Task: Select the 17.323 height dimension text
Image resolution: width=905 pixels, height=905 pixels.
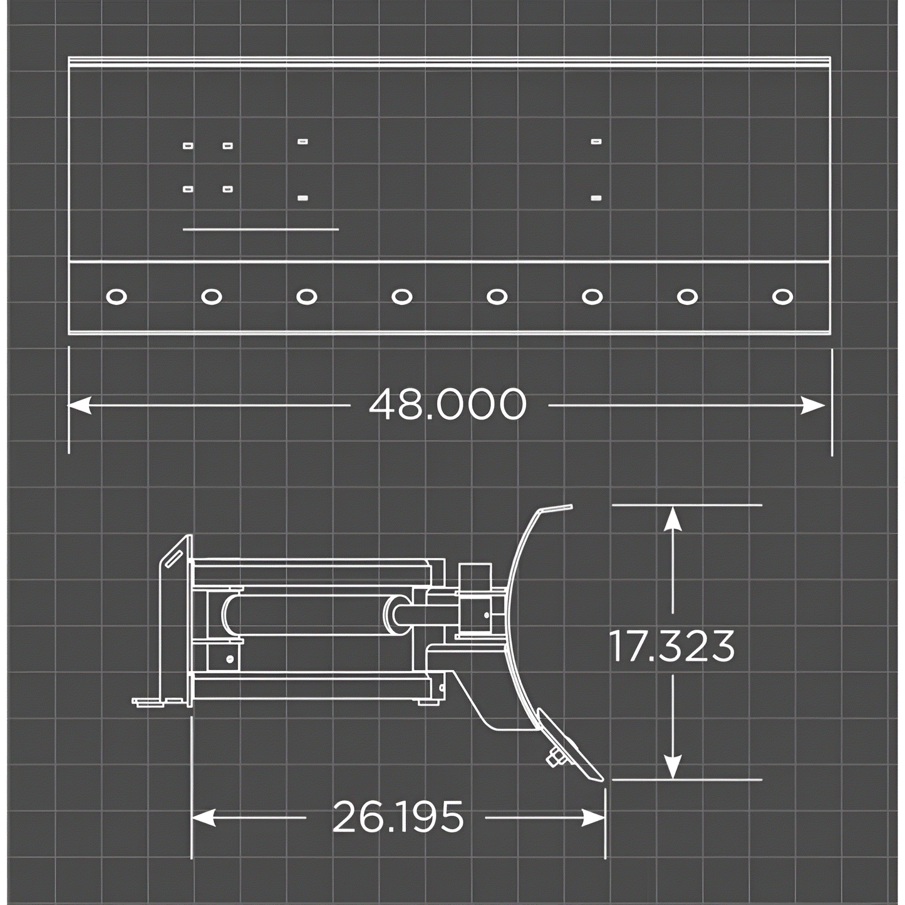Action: [x=672, y=646]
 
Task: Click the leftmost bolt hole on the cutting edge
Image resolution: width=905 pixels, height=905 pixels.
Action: [x=116, y=296]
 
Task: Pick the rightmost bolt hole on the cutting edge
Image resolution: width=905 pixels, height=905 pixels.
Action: [x=782, y=296]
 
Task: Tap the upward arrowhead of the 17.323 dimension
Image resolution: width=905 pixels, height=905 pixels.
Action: [x=673, y=517]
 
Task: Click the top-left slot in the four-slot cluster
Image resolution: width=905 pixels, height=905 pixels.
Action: [x=188, y=146]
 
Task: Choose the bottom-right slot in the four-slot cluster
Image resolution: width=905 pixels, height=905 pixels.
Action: [x=227, y=189]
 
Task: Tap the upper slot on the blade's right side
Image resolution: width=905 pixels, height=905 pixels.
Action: [x=596, y=142]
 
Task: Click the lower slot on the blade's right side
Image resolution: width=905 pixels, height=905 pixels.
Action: [x=596, y=198]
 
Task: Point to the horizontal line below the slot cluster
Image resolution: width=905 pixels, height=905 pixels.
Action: [x=261, y=230]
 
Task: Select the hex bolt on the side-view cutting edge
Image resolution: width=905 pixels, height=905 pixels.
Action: [x=555, y=758]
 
